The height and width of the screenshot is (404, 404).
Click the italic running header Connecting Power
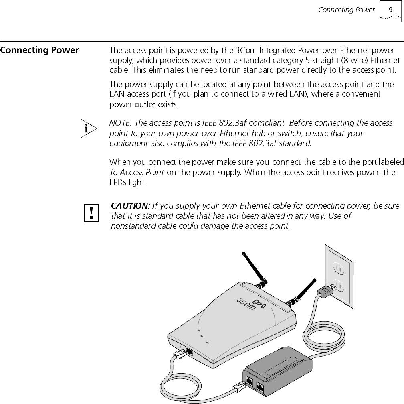346,10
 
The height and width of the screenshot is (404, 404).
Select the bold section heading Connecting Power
39,50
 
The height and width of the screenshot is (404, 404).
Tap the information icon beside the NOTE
88,128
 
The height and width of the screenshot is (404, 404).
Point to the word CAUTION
129,206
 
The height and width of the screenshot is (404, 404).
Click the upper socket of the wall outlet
338,268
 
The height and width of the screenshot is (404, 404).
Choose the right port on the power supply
261,387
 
